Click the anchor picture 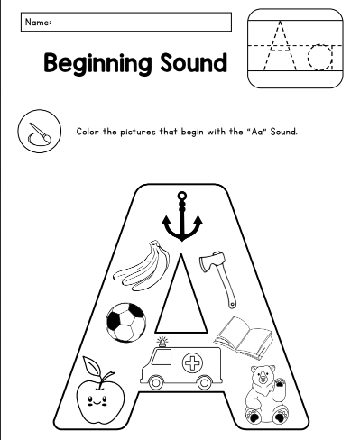pyautogui.click(x=182, y=223)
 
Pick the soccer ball pyautogui.click(x=126, y=323)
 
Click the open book pyautogui.click(x=244, y=338)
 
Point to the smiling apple pyautogui.click(x=100, y=390)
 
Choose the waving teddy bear pyautogui.click(x=265, y=394)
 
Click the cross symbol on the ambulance pyautogui.click(x=192, y=363)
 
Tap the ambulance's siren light pyautogui.click(x=162, y=342)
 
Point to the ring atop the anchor pyautogui.click(x=182, y=197)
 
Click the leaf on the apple pyautogui.click(x=92, y=365)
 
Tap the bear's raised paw pyautogui.click(x=280, y=383)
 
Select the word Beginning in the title pyautogui.click(x=97, y=64)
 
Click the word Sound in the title pyautogui.click(x=193, y=62)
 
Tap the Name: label pyautogui.click(x=38, y=23)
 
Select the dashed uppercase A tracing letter pyautogui.click(x=280, y=45)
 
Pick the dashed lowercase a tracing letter pyautogui.click(x=320, y=57)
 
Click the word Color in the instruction pyautogui.click(x=88, y=132)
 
